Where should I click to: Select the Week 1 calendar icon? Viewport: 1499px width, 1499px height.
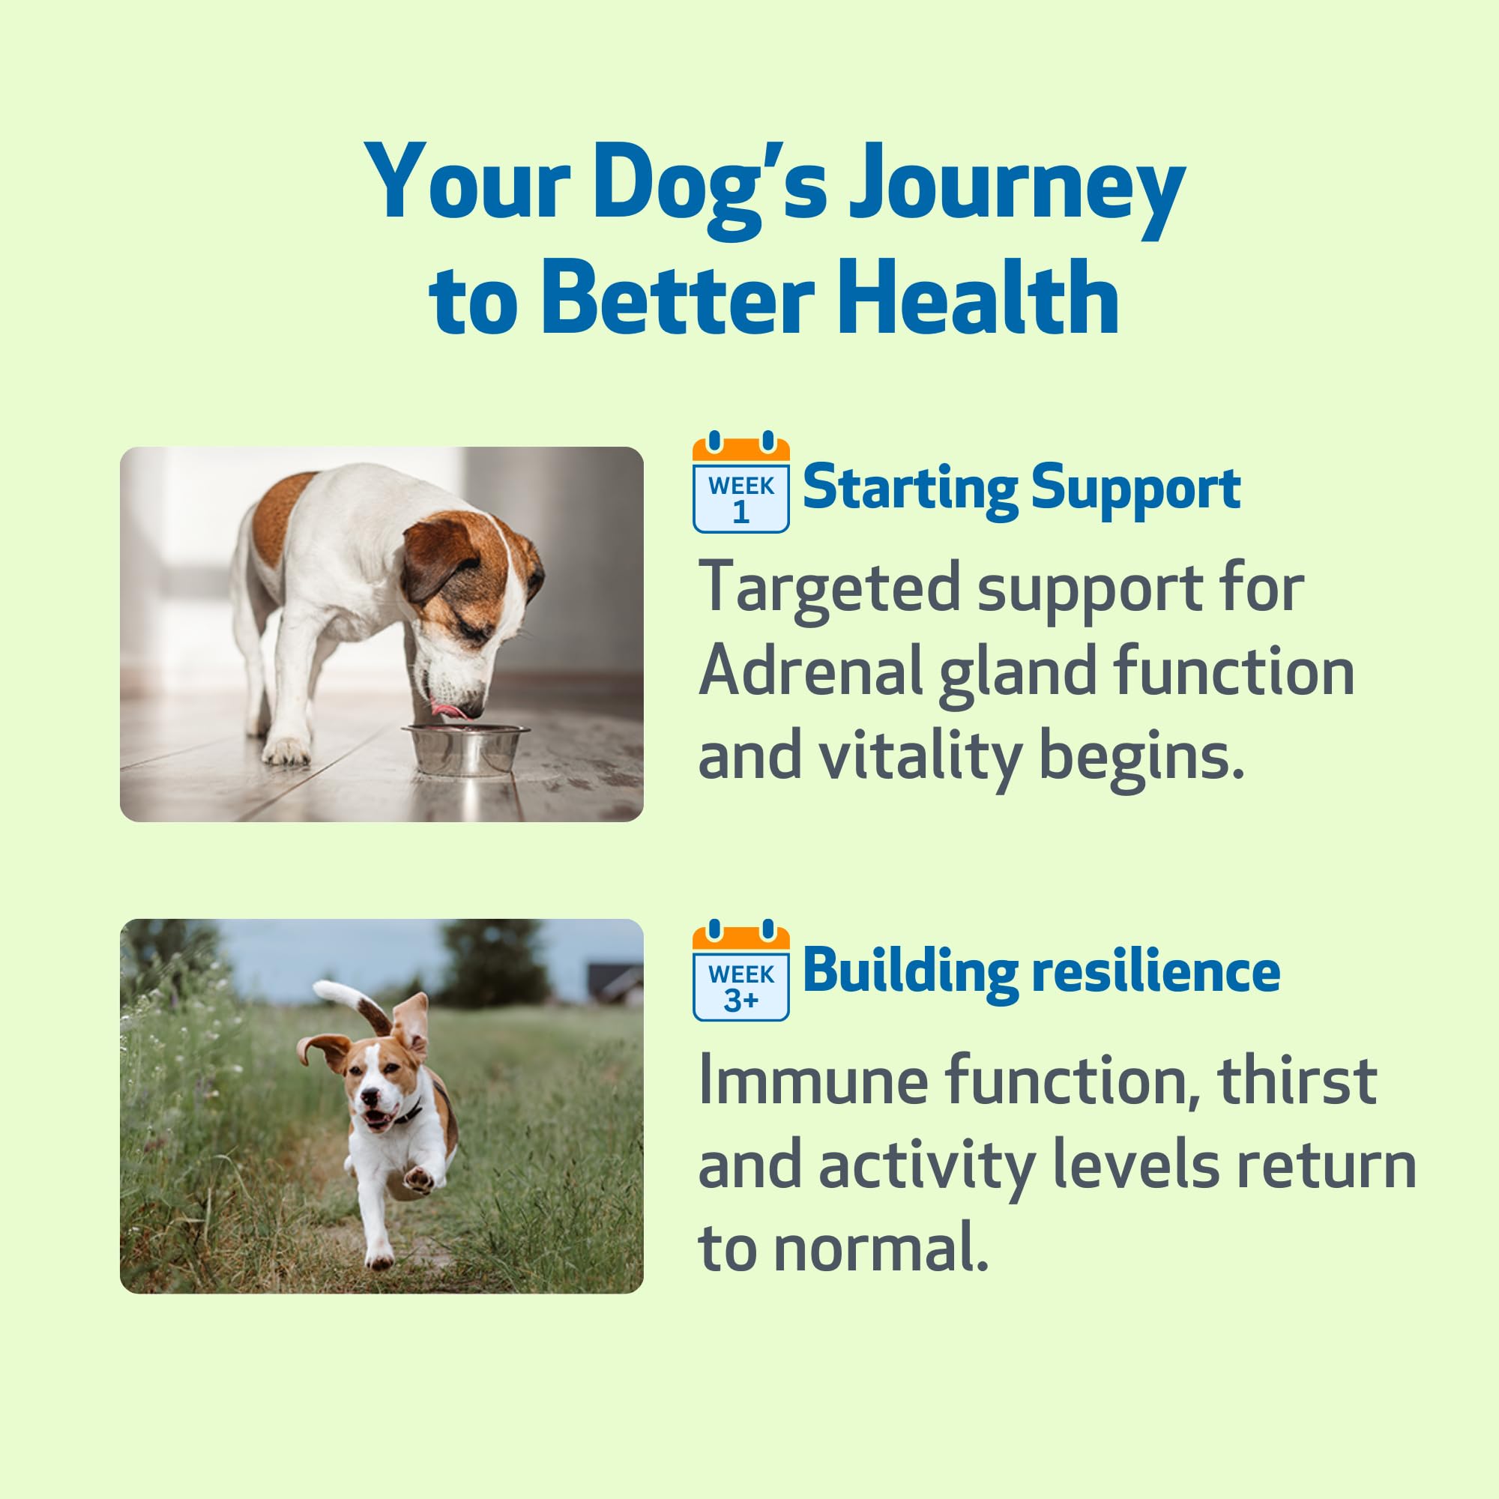tap(741, 482)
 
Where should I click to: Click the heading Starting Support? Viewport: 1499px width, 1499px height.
tap(1022, 488)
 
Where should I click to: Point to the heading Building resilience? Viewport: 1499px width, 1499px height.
tap(1041, 971)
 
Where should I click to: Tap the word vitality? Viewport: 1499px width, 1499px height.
tap(921, 757)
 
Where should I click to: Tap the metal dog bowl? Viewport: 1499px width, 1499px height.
tap(464, 749)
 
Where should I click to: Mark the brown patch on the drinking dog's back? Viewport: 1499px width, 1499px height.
tap(283, 515)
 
